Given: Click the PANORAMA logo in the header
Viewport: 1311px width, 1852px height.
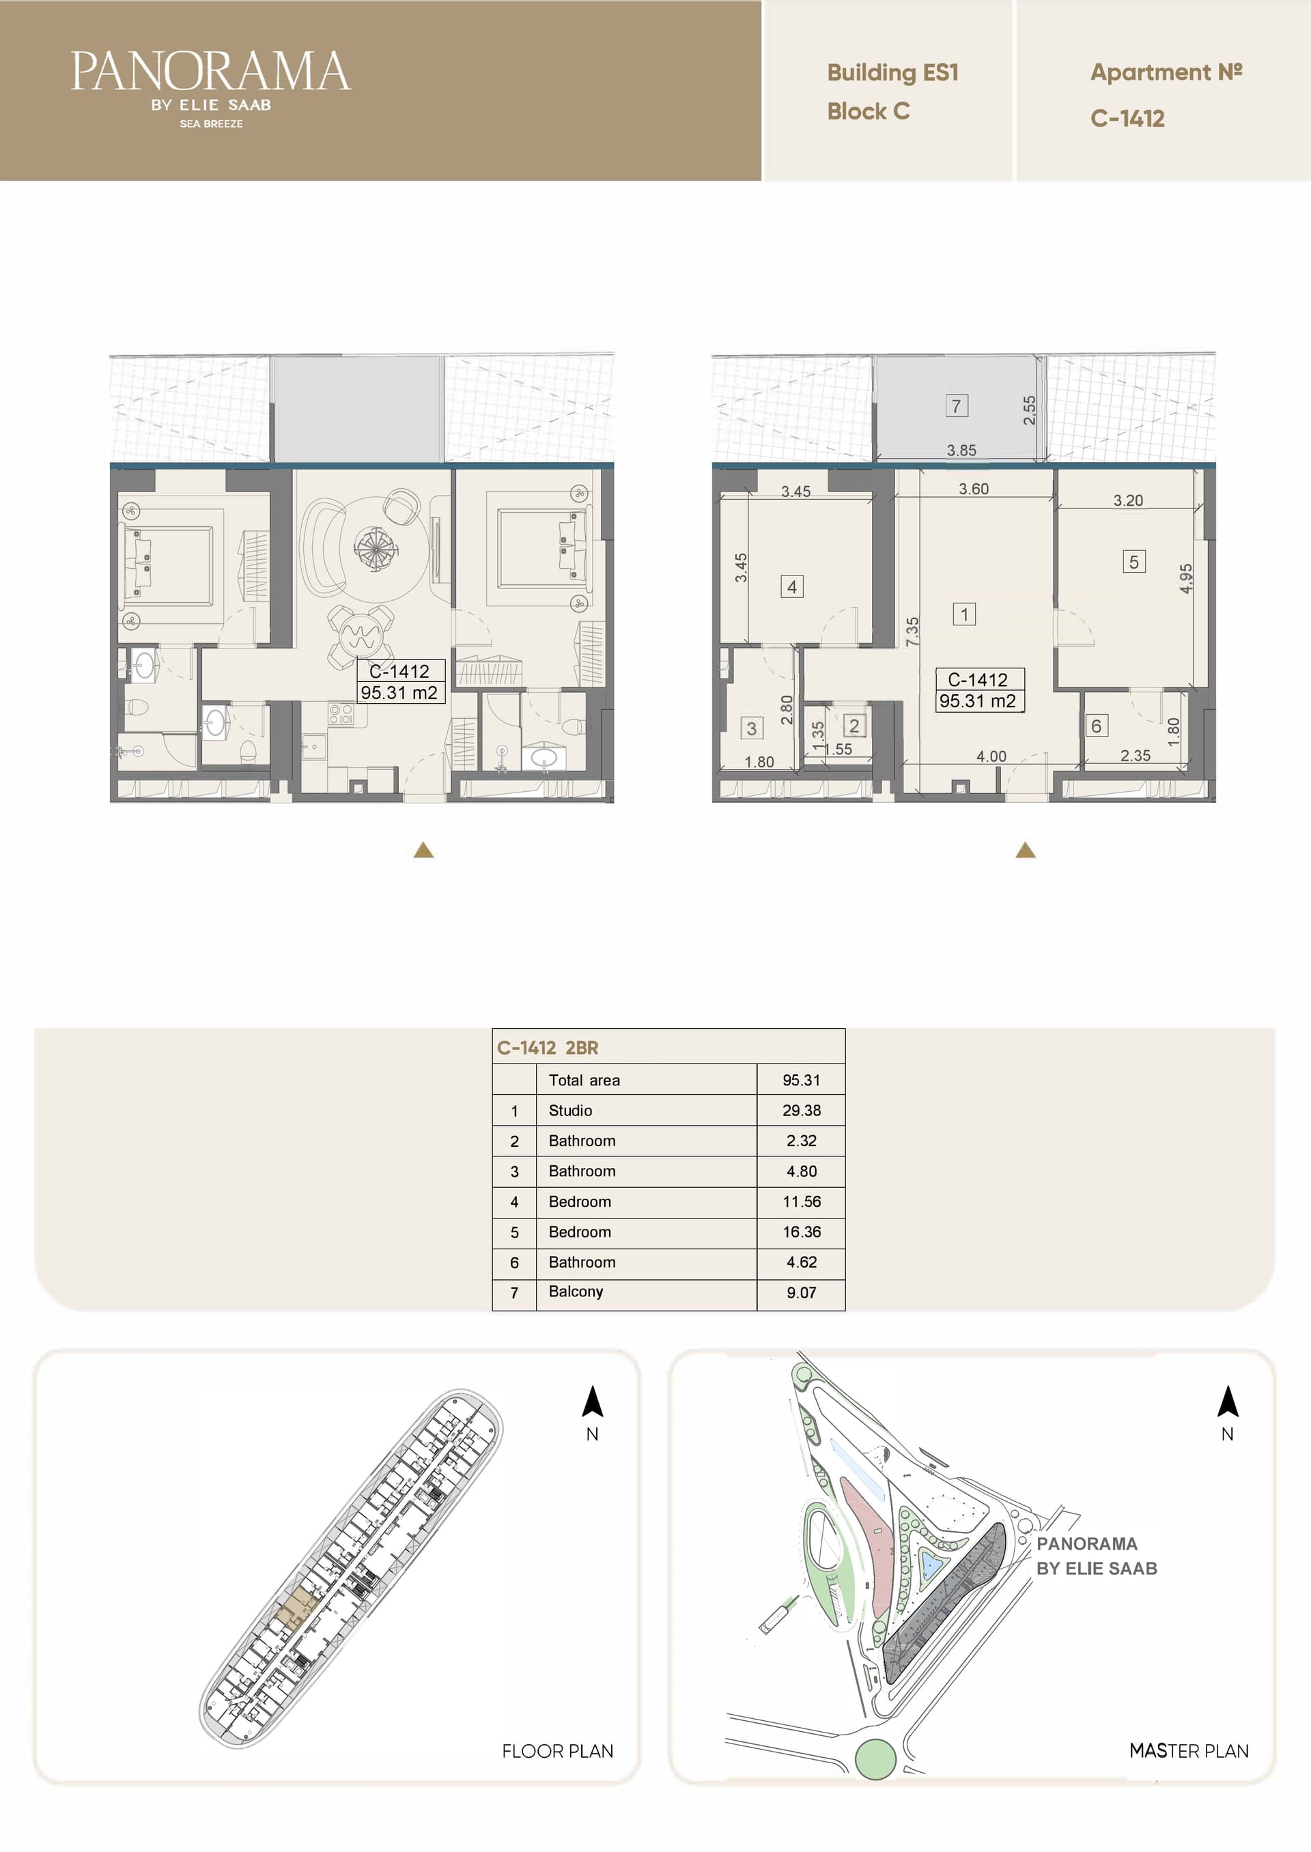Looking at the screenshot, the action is click(211, 88).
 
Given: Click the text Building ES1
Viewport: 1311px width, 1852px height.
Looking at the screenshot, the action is click(893, 72).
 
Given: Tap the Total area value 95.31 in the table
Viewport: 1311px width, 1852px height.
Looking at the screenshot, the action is click(801, 1080).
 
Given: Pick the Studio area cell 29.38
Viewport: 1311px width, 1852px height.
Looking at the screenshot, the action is click(801, 1111).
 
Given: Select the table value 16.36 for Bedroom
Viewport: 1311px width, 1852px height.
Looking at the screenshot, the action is click(801, 1231).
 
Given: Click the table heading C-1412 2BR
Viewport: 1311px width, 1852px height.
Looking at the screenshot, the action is click(548, 1047).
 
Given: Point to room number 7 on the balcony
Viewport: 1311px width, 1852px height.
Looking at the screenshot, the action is click(957, 406).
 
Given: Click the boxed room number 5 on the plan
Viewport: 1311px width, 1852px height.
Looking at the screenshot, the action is click(1133, 562).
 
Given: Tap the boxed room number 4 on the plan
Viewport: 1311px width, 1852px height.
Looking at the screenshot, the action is click(792, 586).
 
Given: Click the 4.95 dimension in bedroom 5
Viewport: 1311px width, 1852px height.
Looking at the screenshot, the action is click(1186, 579).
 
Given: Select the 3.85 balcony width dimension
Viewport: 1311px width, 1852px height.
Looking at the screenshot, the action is click(961, 451).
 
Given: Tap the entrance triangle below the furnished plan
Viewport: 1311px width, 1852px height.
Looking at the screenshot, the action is click(423, 850).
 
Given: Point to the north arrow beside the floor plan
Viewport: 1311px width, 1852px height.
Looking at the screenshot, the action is click(593, 1401).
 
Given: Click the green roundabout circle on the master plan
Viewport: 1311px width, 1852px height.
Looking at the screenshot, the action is click(875, 1759).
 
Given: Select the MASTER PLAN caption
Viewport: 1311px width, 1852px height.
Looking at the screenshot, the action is click(1188, 1751).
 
